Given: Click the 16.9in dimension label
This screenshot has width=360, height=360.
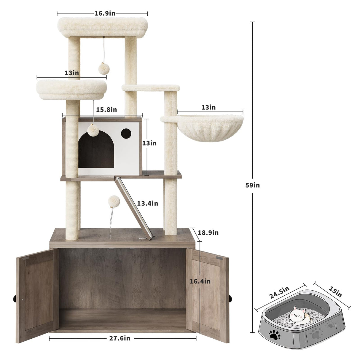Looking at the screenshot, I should point(105,13).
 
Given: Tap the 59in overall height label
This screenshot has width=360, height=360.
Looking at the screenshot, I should point(252,185).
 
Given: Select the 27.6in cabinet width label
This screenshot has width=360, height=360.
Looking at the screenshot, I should point(119,338).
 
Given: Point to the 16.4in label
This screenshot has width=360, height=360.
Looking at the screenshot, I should point(200,281).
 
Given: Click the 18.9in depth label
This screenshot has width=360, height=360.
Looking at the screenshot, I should point(208,232).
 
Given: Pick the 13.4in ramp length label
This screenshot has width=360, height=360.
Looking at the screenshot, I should point(147,203).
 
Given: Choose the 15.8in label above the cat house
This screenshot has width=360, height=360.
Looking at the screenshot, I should point(106,109).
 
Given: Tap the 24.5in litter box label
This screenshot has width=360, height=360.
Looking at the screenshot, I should point(279,292).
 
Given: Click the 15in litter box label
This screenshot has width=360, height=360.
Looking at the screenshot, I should point(334,291).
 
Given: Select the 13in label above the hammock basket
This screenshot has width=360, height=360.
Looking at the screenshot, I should point(208,107).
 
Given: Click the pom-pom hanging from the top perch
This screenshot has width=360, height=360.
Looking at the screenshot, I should point(104,69).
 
